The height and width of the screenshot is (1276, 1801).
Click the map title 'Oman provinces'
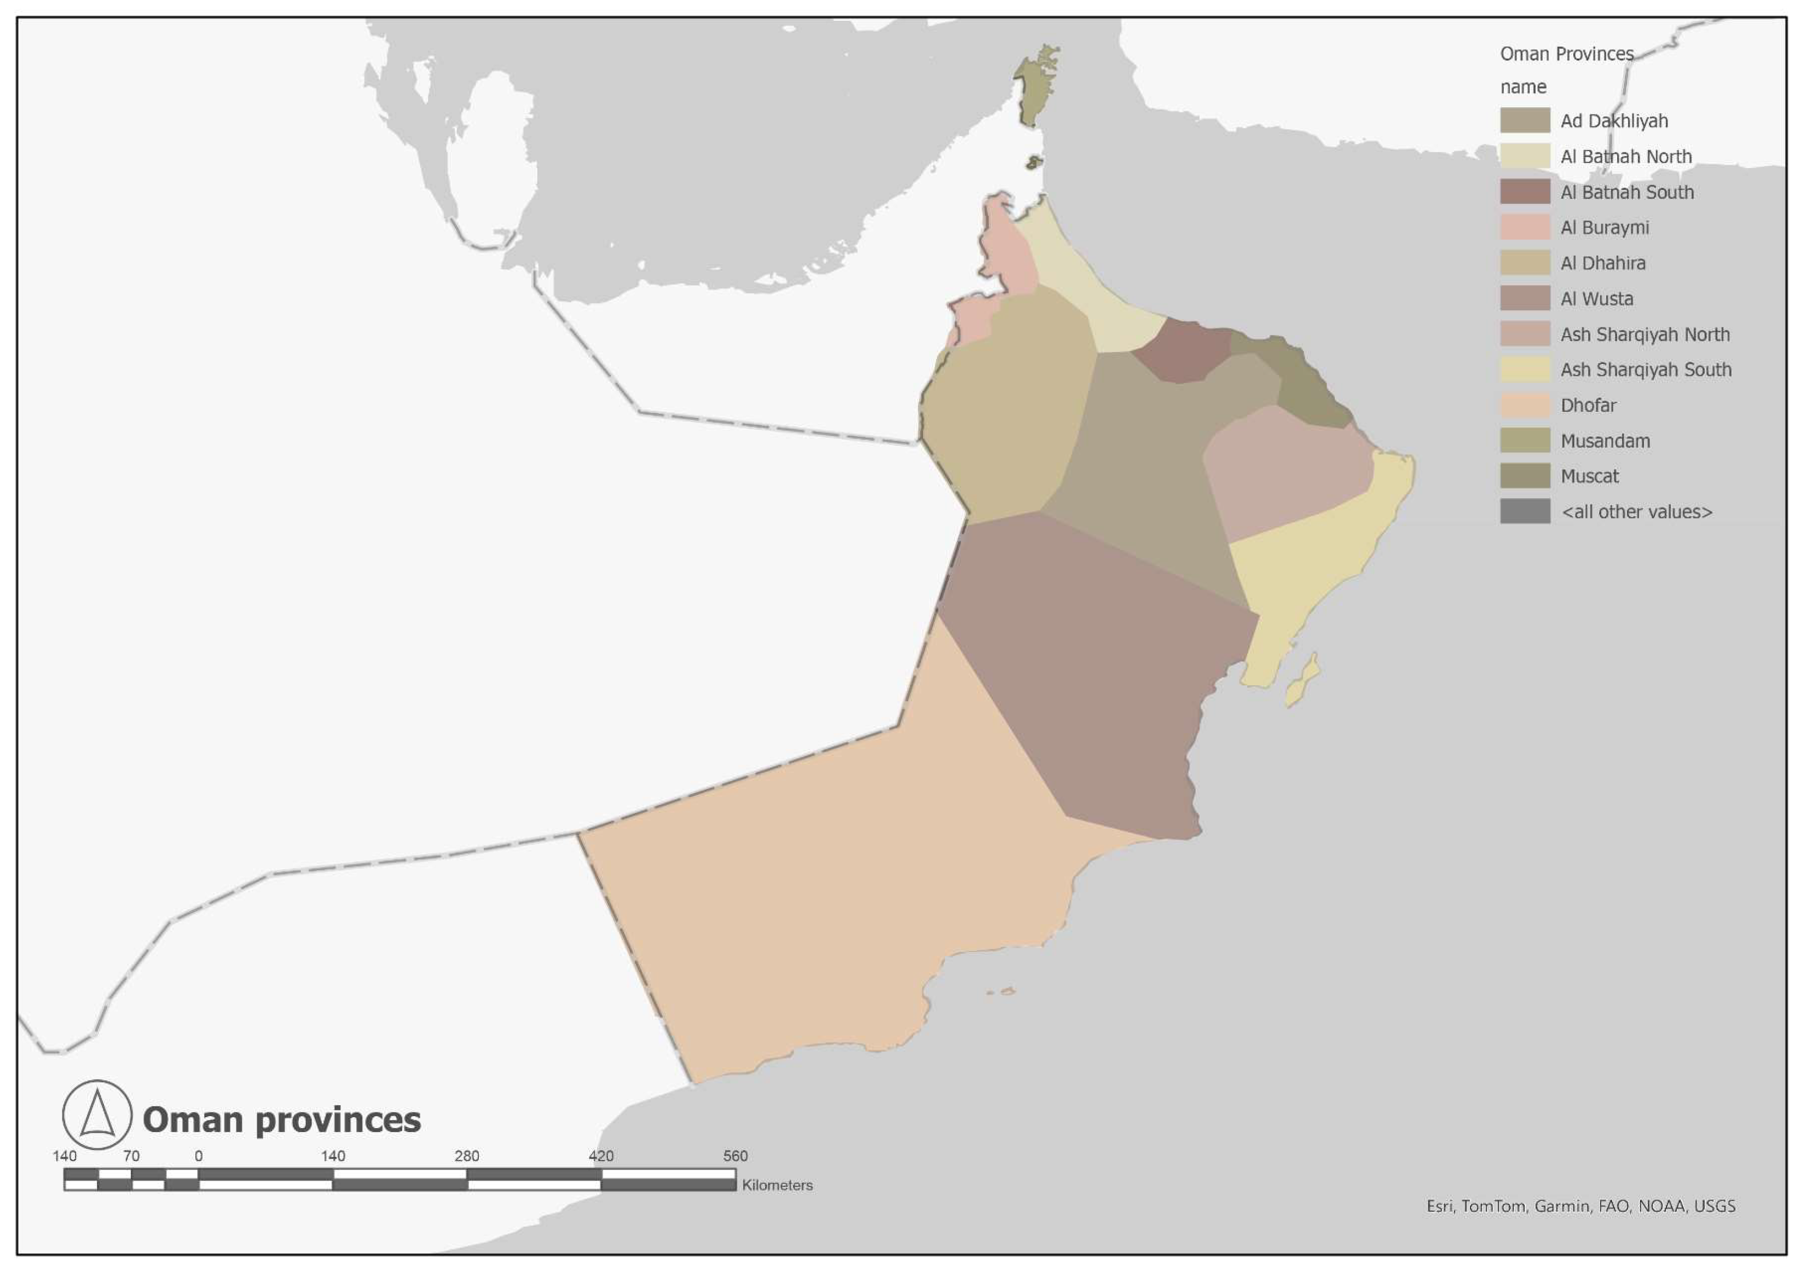click(x=281, y=1119)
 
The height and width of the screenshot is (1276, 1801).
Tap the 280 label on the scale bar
click(x=467, y=1156)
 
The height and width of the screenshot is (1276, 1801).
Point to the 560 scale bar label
click(x=735, y=1156)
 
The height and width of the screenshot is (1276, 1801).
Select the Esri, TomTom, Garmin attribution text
click(x=1580, y=1206)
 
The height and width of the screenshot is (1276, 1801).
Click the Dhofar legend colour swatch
click(x=1525, y=406)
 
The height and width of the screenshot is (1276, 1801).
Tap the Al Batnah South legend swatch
click(x=1525, y=192)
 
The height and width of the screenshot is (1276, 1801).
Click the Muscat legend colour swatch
click(x=1525, y=476)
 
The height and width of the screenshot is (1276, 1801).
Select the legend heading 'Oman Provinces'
click(x=1566, y=54)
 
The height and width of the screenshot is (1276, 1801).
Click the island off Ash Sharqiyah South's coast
click(x=1303, y=681)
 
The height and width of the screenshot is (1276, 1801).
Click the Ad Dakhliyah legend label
click(x=1613, y=121)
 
